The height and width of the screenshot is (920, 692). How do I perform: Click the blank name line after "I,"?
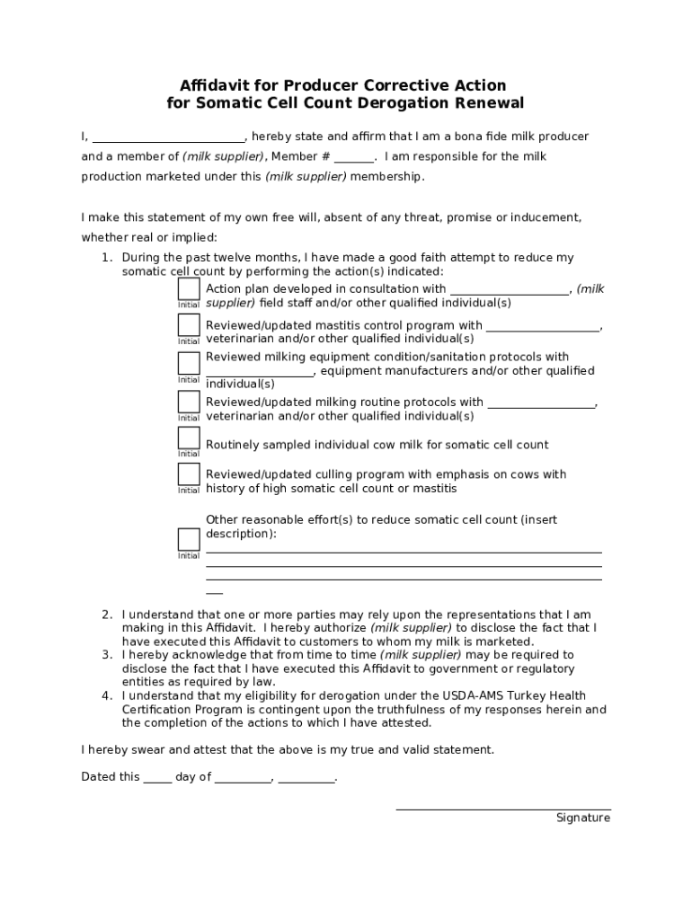coord(168,137)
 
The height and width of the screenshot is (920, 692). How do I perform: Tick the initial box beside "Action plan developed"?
coord(189,288)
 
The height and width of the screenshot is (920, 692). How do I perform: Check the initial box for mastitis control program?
coord(189,325)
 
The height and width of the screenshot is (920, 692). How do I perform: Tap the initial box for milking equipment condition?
coord(189,363)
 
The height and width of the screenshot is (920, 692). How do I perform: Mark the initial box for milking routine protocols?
coord(189,402)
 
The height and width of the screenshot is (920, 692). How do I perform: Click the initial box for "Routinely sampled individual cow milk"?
coord(189,438)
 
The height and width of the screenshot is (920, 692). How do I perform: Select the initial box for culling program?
coord(189,473)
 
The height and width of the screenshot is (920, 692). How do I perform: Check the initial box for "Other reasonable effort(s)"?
coord(189,539)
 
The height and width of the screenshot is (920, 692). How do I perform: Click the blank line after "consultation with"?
coord(509,290)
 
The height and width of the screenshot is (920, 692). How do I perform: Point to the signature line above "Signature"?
coord(503,809)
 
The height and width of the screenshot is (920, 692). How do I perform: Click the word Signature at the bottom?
coord(582,818)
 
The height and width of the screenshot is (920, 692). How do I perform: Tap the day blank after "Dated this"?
coord(157,779)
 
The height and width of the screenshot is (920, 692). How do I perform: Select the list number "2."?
coord(106,615)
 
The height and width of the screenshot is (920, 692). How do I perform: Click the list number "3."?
coord(106,655)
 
